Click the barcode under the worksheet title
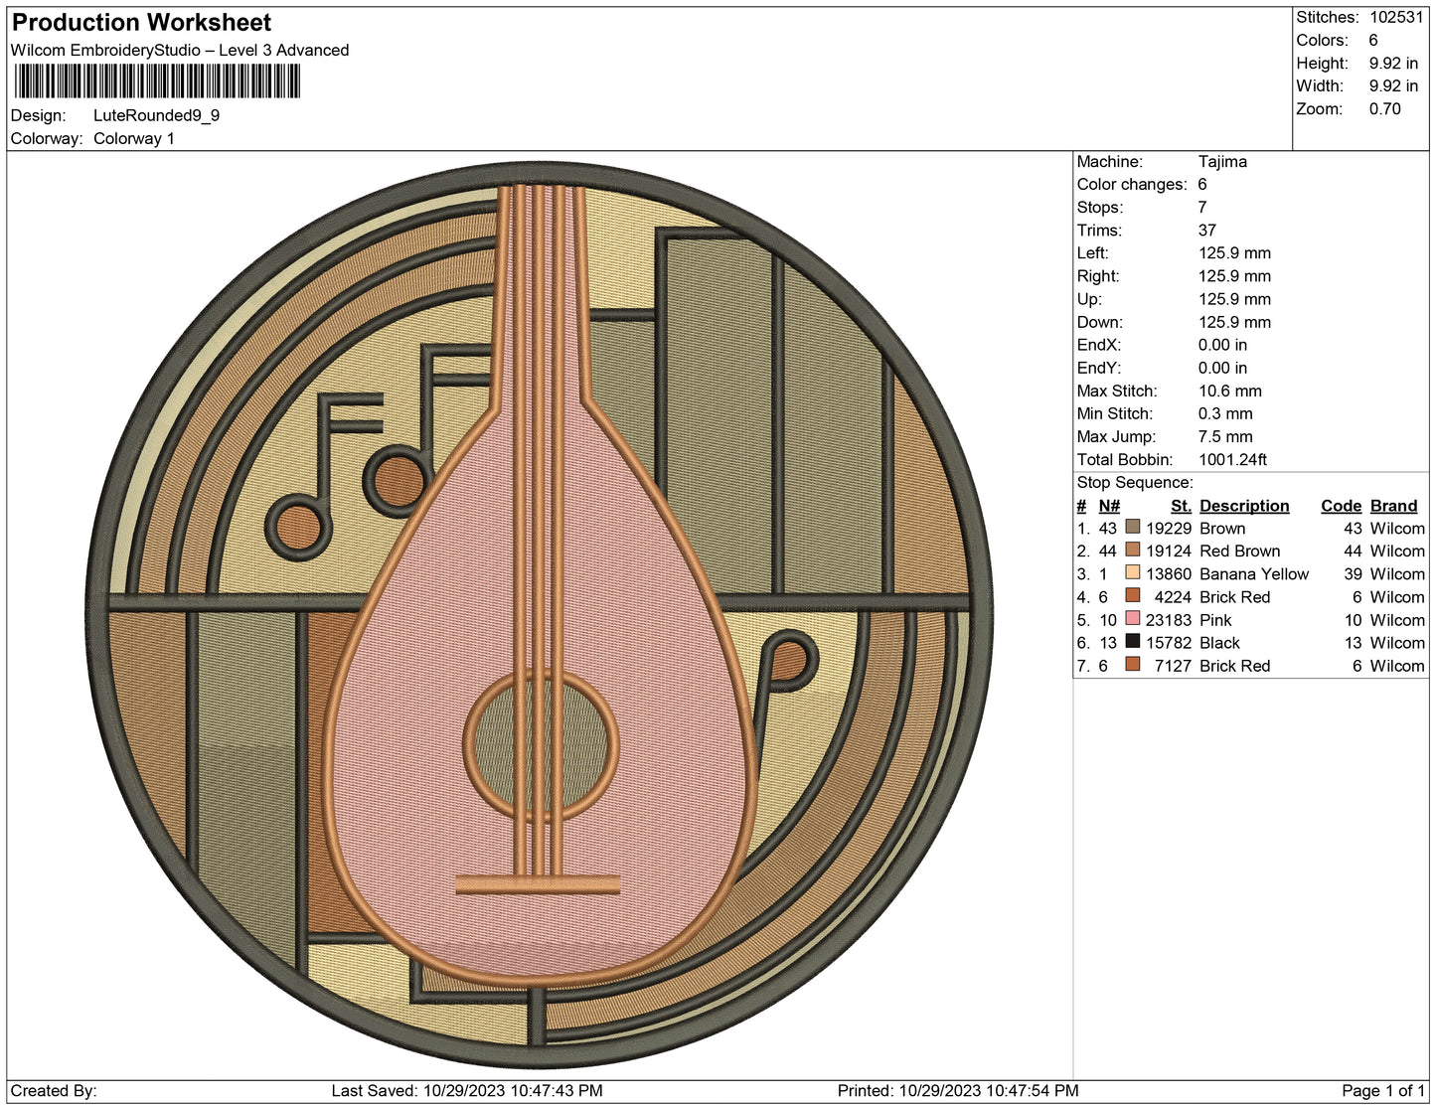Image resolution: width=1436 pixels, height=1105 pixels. point(157,80)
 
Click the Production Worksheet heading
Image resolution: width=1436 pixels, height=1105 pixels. point(141,23)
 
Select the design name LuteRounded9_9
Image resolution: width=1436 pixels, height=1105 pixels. point(156,115)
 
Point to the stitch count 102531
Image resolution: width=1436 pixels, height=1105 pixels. point(1395,17)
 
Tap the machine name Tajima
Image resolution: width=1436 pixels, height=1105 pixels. point(1221,162)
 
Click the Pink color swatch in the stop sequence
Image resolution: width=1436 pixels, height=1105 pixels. point(1132,619)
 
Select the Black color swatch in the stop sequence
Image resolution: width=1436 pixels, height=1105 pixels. point(1132,642)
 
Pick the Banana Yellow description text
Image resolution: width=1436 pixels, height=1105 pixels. point(1253,574)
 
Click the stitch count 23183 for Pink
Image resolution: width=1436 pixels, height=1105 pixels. point(1168,620)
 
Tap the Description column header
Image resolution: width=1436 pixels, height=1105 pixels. point(1243,506)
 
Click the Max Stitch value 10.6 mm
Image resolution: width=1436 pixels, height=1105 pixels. point(1229,392)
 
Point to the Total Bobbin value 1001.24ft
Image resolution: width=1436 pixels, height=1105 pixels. point(1232,460)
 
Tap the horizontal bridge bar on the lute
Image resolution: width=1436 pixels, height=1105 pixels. point(538,884)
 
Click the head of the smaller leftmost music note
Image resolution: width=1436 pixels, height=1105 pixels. point(297,527)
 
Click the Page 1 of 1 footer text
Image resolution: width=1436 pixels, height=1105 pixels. point(1382,1091)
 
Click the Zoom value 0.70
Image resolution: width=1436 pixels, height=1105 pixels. point(1384,109)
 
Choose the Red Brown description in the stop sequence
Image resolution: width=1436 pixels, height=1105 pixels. point(1239,552)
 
